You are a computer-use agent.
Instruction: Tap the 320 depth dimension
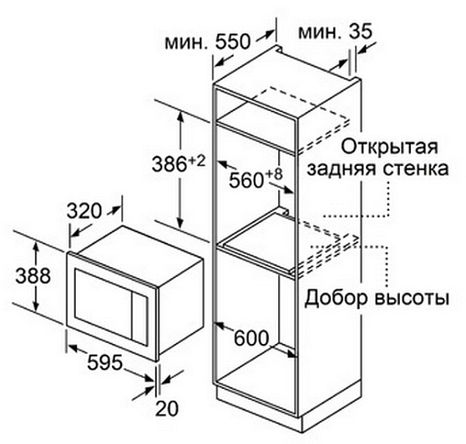[x=84, y=211]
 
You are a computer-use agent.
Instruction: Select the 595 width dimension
[x=105, y=362]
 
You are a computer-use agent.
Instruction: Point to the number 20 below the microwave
[x=167, y=408]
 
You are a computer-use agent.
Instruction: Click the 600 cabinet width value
[x=251, y=338]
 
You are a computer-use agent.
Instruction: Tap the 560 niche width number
[x=246, y=180]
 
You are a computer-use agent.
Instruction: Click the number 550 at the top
[x=233, y=41]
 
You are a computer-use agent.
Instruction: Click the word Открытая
[x=389, y=147]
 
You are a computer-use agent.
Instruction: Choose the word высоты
[x=411, y=299]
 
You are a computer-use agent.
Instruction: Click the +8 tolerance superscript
[x=274, y=174]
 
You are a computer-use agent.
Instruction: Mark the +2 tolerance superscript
[x=196, y=161]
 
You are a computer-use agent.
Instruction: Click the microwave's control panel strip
[x=139, y=317]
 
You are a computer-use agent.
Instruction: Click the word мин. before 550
[x=185, y=43]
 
